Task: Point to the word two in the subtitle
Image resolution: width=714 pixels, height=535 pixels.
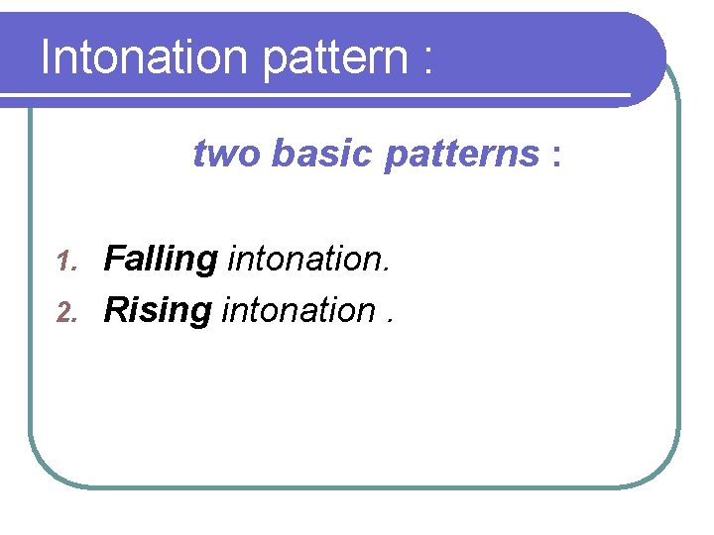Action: (227, 155)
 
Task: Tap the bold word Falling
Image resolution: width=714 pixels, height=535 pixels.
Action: (161, 261)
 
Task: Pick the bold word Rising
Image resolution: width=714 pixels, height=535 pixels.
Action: (158, 312)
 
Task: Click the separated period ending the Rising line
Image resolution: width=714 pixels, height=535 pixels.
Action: (389, 322)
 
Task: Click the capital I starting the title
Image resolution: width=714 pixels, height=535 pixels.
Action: (46, 57)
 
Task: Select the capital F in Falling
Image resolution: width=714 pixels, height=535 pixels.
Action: (114, 260)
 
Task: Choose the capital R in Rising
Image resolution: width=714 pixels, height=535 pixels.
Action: (116, 311)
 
